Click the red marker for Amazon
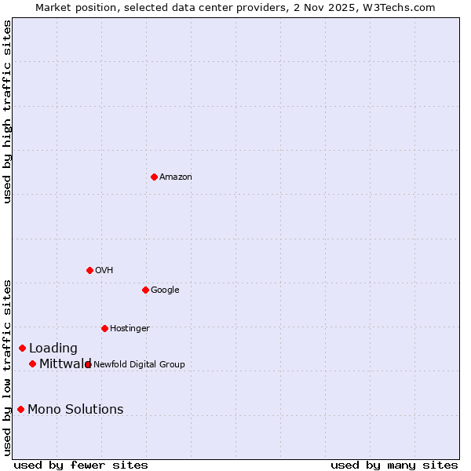[x=154, y=177]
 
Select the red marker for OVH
[x=89, y=270]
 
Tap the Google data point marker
[x=145, y=290]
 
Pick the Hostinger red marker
[x=104, y=328]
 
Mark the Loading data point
[x=22, y=348]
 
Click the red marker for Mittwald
[x=32, y=363]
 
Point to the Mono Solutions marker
[x=20, y=409]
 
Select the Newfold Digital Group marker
[x=88, y=364]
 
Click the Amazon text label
[x=176, y=177]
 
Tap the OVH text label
[x=104, y=271]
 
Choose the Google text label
[x=165, y=290]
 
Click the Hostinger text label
[x=130, y=329]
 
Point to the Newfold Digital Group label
[x=140, y=365]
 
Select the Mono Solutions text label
[x=75, y=410]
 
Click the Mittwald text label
[x=64, y=364]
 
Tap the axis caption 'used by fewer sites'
[x=81, y=466]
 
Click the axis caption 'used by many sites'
[x=394, y=466]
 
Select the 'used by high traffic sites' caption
[x=7, y=111]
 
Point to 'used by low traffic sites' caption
[x=7, y=367]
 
